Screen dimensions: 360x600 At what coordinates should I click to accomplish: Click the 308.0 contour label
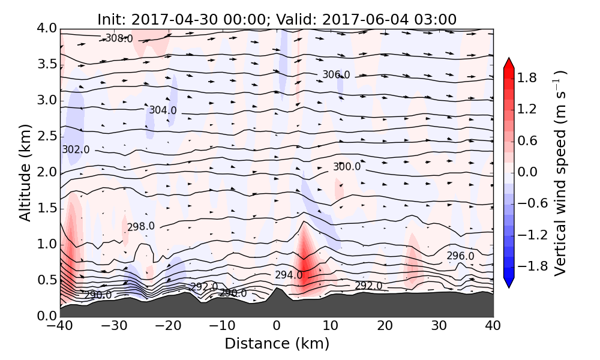(x=118, y=38)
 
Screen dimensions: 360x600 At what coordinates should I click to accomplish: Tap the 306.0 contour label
(x=336, y=75)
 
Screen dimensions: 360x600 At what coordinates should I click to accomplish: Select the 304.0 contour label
(x=163, y=110)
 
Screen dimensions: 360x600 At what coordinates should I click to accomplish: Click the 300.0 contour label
(x=347, y=167)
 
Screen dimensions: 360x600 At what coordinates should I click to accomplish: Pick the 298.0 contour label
(x=141, y=227)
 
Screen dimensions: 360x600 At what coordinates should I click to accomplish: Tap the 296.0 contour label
(x=460, y=256)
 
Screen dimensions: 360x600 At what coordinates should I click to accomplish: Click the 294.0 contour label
(x=289, y=275)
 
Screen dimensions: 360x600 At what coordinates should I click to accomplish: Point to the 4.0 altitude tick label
(x=50, y=28)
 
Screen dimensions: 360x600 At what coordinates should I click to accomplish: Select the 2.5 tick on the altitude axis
(x=50, y=136)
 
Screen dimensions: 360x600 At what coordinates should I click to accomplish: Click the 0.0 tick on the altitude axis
(x=50, y=316)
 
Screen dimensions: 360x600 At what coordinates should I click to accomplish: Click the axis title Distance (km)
(x=277, y=344)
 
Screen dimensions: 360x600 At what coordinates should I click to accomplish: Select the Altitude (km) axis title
(x=25, y=173)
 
